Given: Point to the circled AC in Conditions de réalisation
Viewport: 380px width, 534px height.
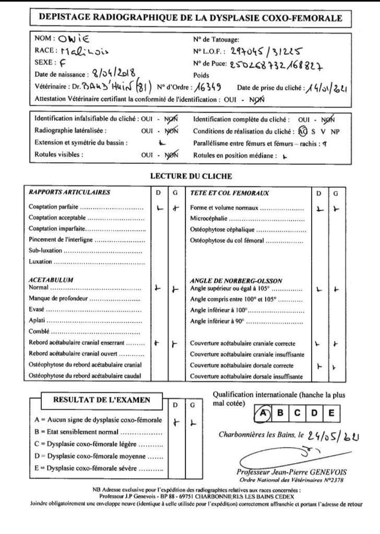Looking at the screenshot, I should pos(303,131).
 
